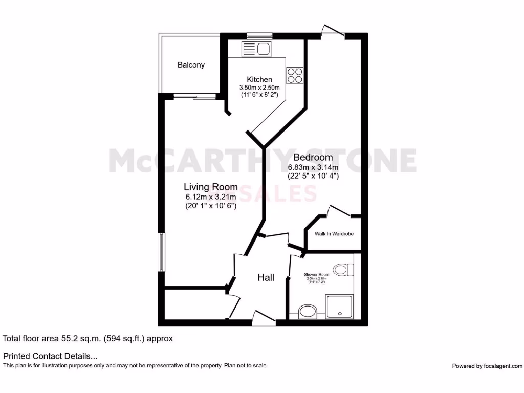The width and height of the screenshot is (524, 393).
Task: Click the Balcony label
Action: click(x=191, y=65)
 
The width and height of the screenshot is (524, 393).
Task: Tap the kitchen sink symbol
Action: click(x=256, y=49)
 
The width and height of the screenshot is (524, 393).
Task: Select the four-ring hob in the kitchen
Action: click(x=295, y=75)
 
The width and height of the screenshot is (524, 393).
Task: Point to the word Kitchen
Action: click(x=259, y=79)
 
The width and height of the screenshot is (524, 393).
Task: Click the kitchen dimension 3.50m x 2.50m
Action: click(x=259, y=88)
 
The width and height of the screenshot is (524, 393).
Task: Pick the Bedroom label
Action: click(x=313, y=158)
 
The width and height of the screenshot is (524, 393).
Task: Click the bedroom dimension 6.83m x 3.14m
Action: click(x=313, y=167)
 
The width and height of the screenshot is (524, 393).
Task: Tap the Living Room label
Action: click(x=211, y=187)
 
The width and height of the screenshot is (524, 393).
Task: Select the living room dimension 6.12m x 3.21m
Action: click(x=211, y=196)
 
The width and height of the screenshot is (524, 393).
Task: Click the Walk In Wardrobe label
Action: click(x=334, y=234)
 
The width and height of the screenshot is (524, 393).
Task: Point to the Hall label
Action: click(x=266, y=278)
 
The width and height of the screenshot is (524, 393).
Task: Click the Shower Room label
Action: click(x=317, y=274)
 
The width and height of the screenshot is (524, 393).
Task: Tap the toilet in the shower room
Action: click(x=341, y=269)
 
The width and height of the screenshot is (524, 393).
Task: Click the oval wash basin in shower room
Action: click(x=308, y=311)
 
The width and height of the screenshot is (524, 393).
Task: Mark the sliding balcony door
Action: click(x=194, y=95)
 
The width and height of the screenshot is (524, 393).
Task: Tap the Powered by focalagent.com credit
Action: click(x=487, y=366)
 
